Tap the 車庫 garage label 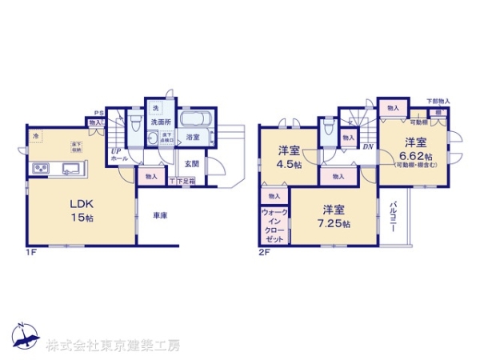pos(160,215)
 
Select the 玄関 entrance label pos(191,163)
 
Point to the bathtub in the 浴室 pos(195,121)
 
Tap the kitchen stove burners pos(38,168)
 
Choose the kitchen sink pos(67,168)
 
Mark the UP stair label pos(116,150)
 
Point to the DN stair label pos(368,146)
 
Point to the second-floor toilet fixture pos(327,130)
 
